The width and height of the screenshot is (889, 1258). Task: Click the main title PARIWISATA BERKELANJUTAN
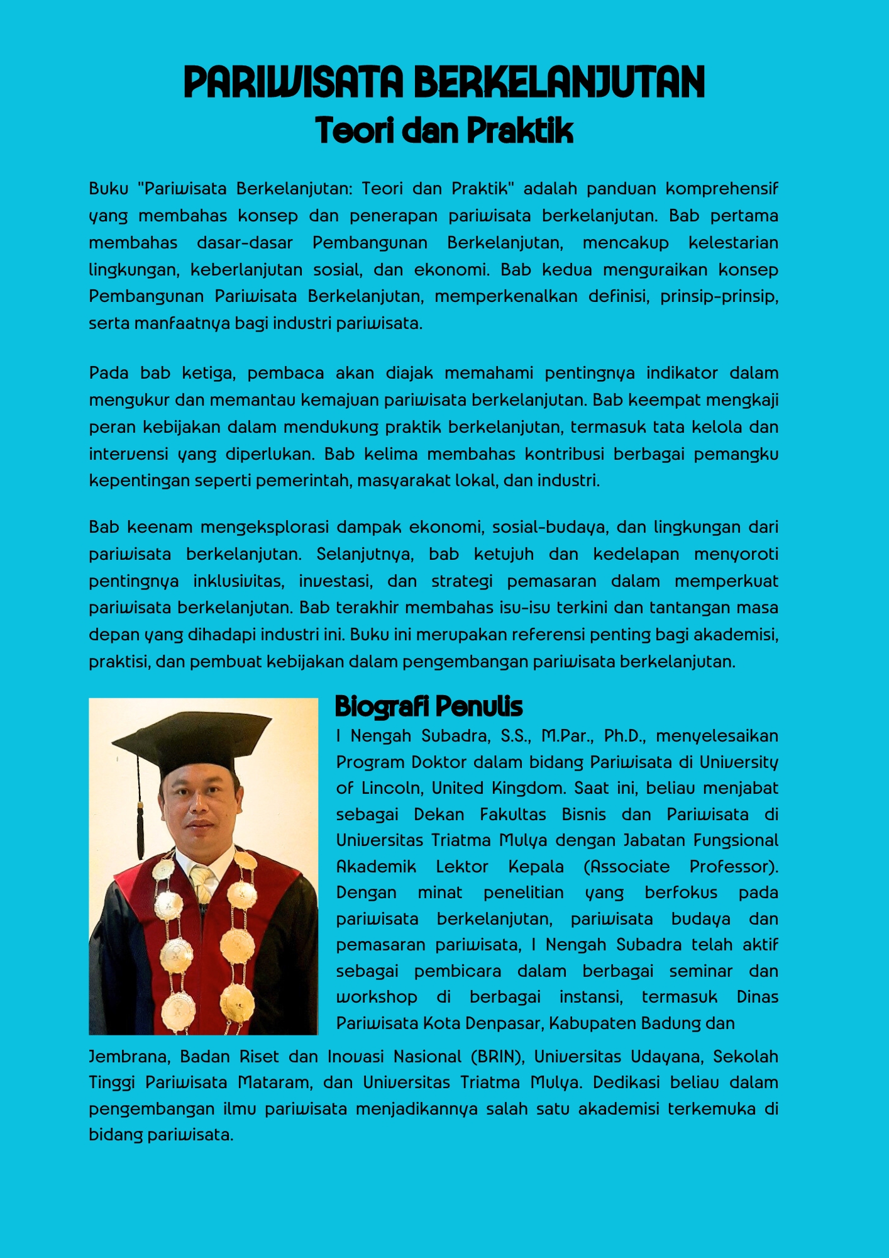444,82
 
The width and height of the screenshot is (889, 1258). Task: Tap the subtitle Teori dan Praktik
444,131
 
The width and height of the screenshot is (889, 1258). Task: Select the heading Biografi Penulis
428,706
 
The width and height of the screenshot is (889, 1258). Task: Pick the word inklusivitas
238,581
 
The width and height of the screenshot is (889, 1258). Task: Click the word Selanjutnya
365,554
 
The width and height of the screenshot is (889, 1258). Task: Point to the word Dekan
439,815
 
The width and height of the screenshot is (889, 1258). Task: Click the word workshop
377,997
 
